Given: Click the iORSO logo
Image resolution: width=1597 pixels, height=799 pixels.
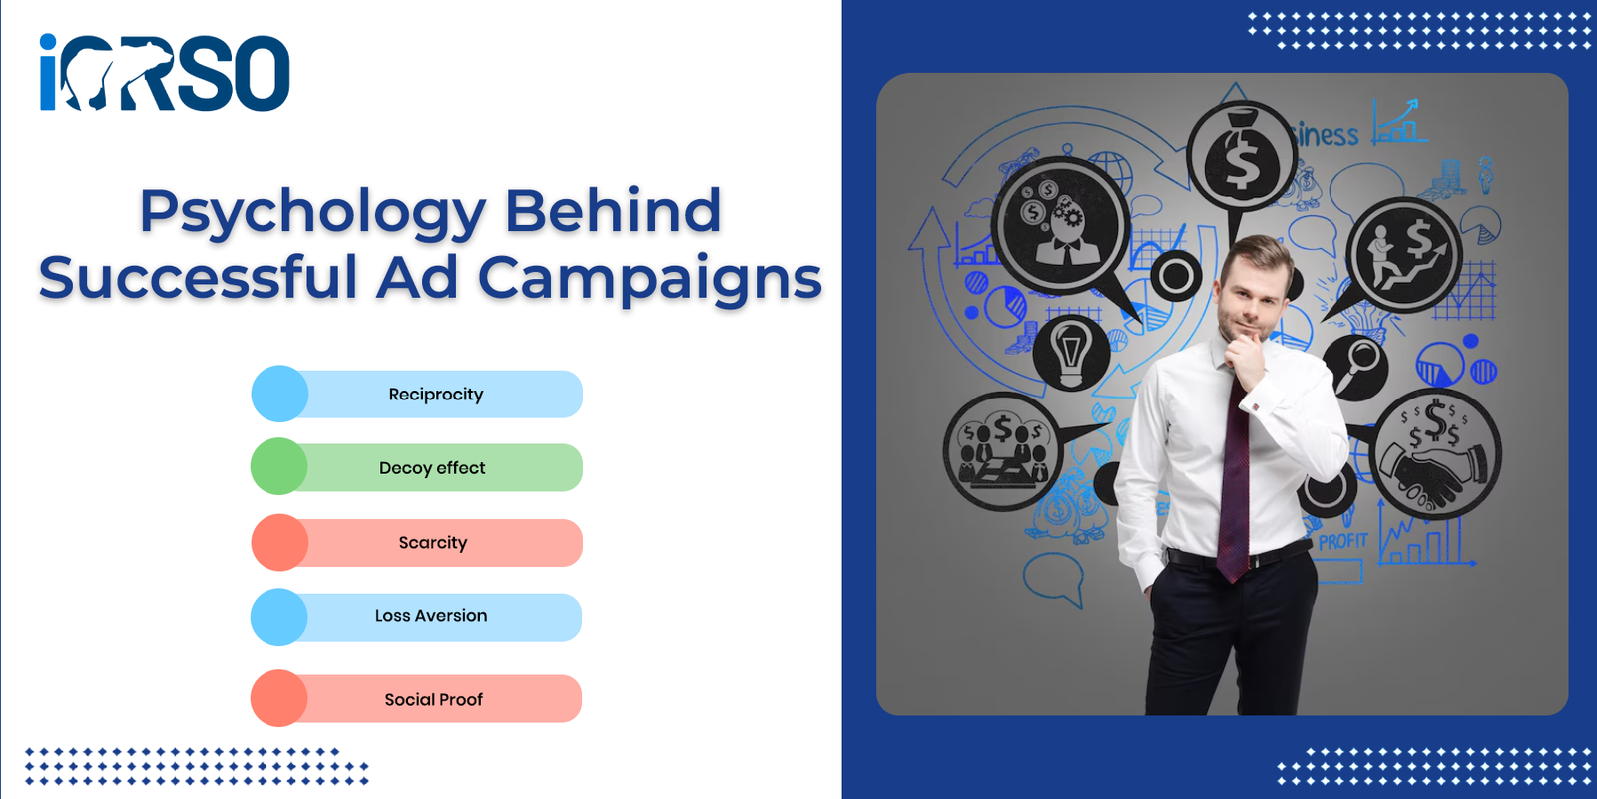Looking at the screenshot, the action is [165, 72].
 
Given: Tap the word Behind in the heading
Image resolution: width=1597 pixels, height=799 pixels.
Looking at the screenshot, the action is [613, 210].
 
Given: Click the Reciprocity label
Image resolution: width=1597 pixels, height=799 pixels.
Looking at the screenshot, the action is [436, 395].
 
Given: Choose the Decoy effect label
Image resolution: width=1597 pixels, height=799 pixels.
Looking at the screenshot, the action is [432, 468].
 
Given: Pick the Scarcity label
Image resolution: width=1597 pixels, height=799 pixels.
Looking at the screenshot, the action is [433, 543].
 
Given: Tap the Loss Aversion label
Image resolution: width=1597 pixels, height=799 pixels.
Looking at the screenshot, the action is [431, 615].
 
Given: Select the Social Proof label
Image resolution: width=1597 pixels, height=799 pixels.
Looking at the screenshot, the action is [433, 700].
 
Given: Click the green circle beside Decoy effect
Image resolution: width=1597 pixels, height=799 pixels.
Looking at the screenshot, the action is [278, 466].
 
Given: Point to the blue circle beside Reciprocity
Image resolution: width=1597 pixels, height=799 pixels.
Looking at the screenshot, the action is [279, 394].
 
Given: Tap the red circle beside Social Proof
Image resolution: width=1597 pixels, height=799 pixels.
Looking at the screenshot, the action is [278, 698].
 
